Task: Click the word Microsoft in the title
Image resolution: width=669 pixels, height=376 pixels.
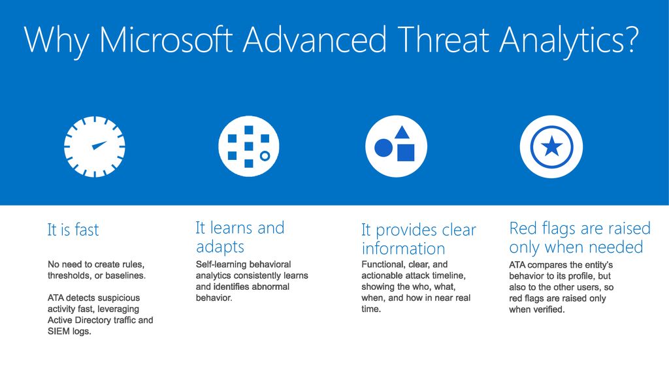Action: tap(167, 39)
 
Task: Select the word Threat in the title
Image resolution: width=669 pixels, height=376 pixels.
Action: tap(444, 39)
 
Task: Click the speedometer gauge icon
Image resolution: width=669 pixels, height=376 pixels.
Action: tap(95, 147)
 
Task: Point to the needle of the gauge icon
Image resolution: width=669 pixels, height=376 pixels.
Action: tap(99, 145)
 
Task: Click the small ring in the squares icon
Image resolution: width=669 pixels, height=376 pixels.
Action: tap(265, 155)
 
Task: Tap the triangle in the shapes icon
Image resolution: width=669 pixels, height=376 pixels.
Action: tap(402, 133)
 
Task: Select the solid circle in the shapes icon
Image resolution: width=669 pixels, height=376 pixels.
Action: tap(383, 148)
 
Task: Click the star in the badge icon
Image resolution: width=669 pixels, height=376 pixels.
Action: tap(551, 146)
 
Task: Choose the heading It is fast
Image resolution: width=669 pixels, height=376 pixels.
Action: tap(73, 230)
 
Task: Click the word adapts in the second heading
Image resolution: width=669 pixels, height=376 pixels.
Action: tap(220, 247)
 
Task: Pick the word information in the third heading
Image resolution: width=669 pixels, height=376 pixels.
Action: tap(403, 249)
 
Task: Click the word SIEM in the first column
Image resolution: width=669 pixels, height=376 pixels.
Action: tap(58, 331)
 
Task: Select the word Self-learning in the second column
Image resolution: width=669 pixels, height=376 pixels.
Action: tap(218, 265)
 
